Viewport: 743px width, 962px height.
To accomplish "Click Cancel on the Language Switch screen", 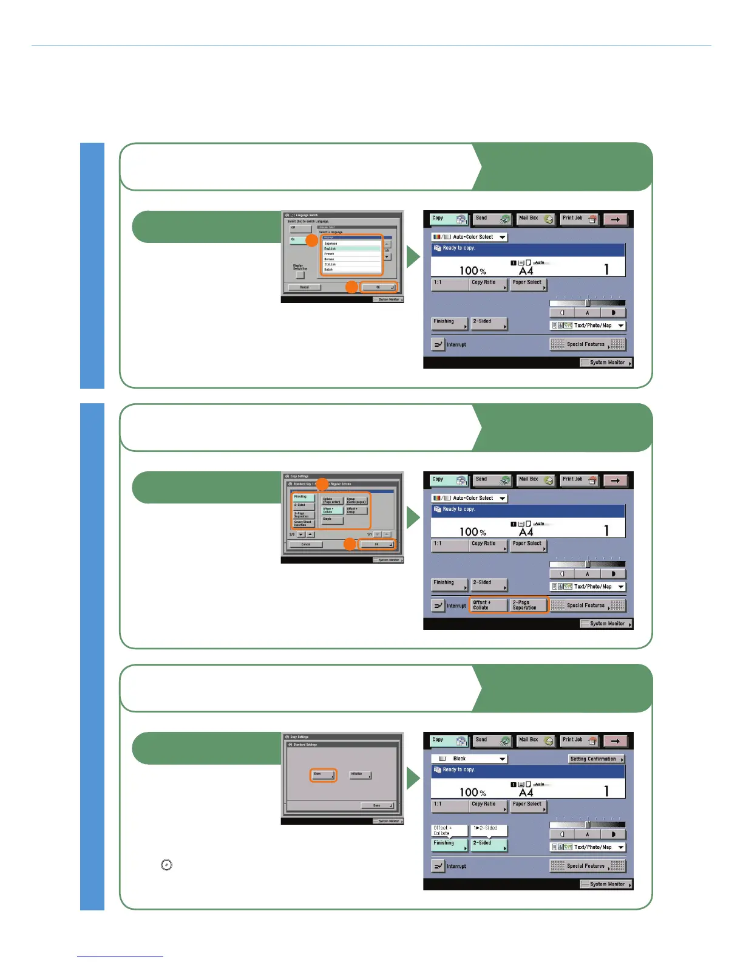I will [304, 287].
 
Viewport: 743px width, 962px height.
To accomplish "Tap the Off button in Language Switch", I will [300, 228].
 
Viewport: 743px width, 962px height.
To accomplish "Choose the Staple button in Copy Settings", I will [331, 519].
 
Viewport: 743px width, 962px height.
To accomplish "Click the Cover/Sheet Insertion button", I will [303, 523].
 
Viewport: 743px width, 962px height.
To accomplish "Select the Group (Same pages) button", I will [356, 500].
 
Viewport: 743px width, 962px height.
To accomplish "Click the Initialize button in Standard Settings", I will [359, 774].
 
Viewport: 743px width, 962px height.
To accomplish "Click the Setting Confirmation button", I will [595, 759].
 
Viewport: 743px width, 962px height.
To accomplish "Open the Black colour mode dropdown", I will [469, 759].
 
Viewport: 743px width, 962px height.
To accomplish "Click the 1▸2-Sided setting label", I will [489, 828].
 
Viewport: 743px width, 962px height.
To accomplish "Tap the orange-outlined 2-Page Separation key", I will [528, 605].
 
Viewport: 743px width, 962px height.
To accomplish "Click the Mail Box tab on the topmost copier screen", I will [535, 219].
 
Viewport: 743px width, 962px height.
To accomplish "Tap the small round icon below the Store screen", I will [166, 865].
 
